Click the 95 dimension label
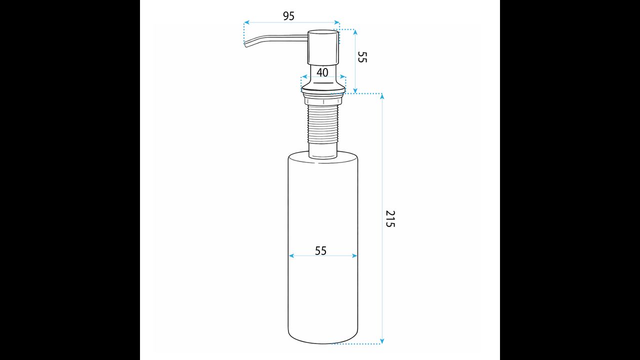288,16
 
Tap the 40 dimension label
322,72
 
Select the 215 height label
390,219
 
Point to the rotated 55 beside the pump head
362,57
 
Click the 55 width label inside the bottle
320,251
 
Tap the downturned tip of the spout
246,44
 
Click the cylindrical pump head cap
323,47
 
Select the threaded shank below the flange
323,123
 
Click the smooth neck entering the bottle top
323,150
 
